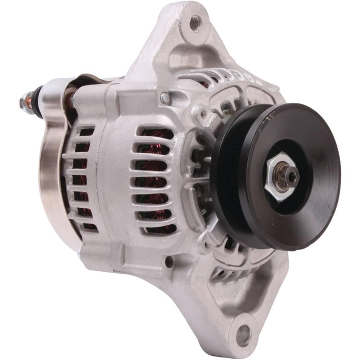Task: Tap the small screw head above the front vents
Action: (x=164, y=96)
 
